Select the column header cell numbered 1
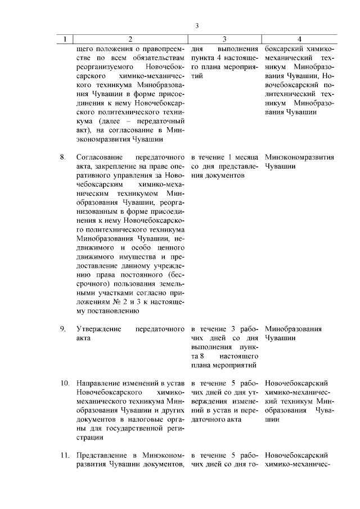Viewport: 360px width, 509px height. [65, 39]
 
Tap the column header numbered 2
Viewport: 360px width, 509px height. [130, 39]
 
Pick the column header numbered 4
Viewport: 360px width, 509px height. [299, 39]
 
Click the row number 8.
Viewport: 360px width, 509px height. [64, 157]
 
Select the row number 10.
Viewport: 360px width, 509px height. [65, 384]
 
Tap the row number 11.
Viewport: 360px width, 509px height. [65, 455]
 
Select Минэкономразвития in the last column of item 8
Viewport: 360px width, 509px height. [299, 157]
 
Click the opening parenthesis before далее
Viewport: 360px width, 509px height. [99, 121]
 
